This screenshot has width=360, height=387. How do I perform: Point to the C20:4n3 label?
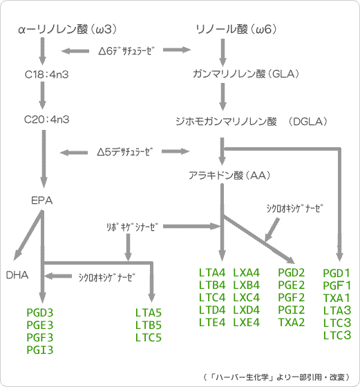pos(45,119)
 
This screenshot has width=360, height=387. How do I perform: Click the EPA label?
pos(42,200)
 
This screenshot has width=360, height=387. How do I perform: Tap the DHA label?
pos(17,274)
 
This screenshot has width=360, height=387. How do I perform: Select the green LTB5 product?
pos(148,325)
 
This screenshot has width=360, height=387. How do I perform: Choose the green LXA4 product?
pos(247,272)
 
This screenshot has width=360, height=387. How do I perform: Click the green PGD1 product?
pos(337,273)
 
